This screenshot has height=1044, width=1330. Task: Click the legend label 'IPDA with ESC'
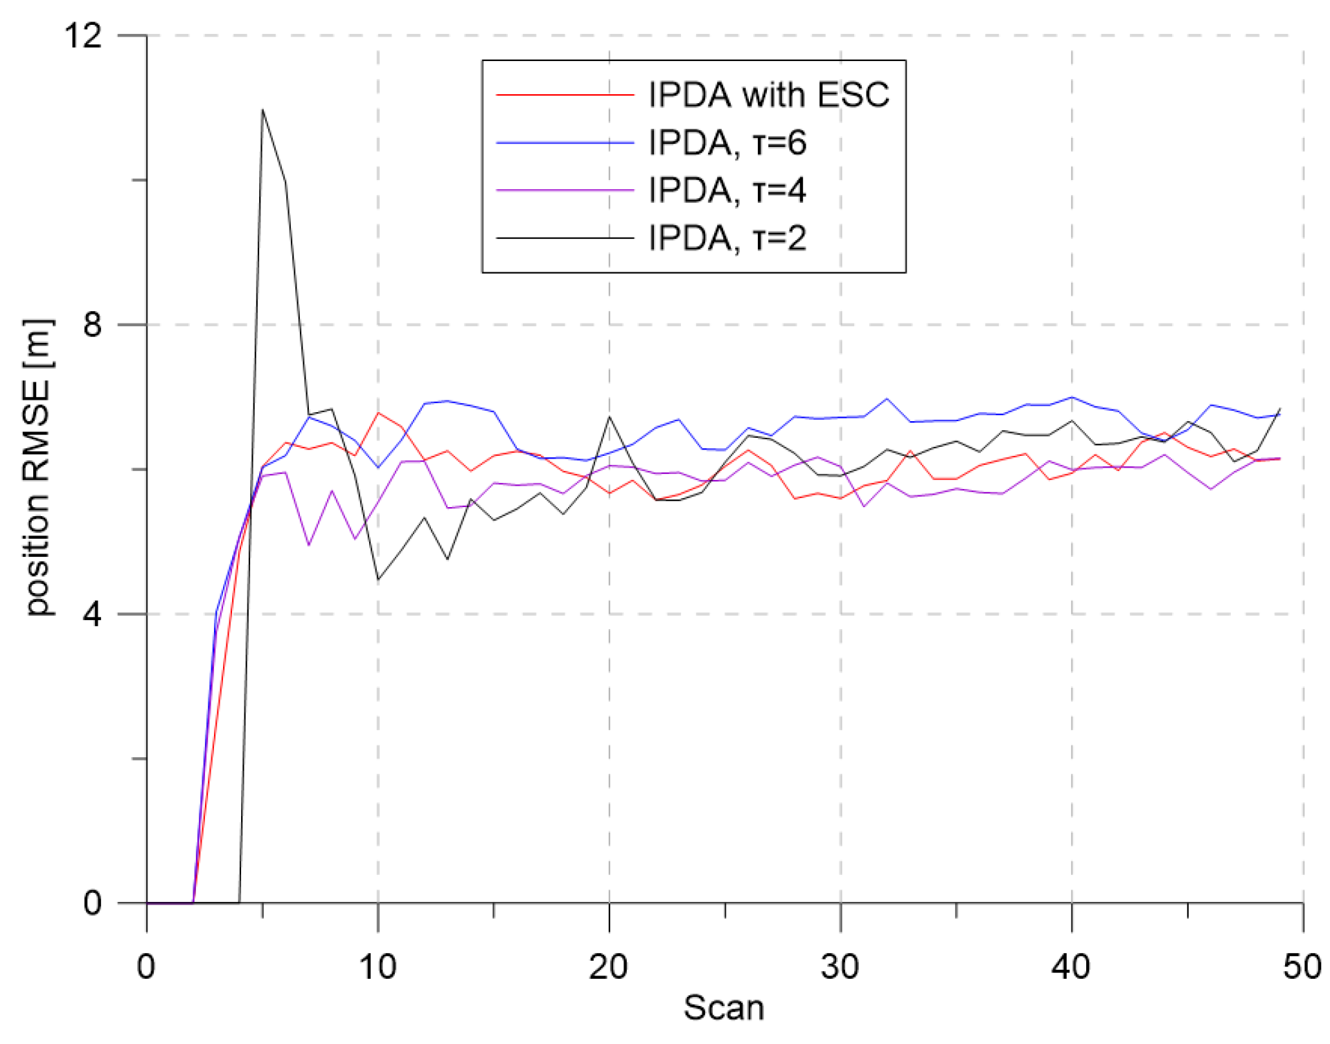(x=768, y=94)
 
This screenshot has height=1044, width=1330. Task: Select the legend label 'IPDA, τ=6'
(x=727, y=143)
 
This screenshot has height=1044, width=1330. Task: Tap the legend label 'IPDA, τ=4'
(x=727, y=190)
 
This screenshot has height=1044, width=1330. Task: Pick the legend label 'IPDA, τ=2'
(x=727, y=238)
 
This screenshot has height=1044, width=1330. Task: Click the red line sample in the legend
(x=565, y=95)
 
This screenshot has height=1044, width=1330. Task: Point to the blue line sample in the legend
(x=565, y=143)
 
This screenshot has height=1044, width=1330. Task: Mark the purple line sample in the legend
(x=565, y=190)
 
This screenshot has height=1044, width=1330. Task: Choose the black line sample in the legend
(x=565, y=238)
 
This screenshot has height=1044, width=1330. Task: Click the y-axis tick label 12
(x=83, y=35)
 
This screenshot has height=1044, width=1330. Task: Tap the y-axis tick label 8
(x=93, y=324)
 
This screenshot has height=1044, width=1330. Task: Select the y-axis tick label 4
(x=93, y=614)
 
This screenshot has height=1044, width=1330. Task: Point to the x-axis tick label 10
(x=378, y=966)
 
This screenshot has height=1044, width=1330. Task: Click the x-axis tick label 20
(x=609, y=966)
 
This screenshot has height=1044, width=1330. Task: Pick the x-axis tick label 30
(x=840, y=966)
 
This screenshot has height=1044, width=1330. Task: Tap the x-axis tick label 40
(x=1072, y=966)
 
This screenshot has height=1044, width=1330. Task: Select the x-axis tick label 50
(x=1302, y=966)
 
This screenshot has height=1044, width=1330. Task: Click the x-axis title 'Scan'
(x=724, y=1008)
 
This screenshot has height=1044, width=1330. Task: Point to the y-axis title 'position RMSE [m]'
(x=38, y=468)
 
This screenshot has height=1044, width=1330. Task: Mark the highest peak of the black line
(x=263, y=109)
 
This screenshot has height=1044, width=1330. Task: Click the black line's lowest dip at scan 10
(x=378, y=579)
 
